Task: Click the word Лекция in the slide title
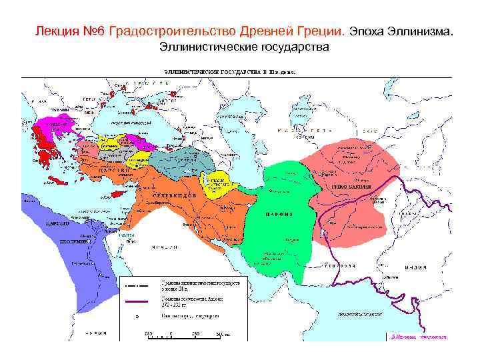pos(53,31)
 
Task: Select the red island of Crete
pos(61,181)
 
